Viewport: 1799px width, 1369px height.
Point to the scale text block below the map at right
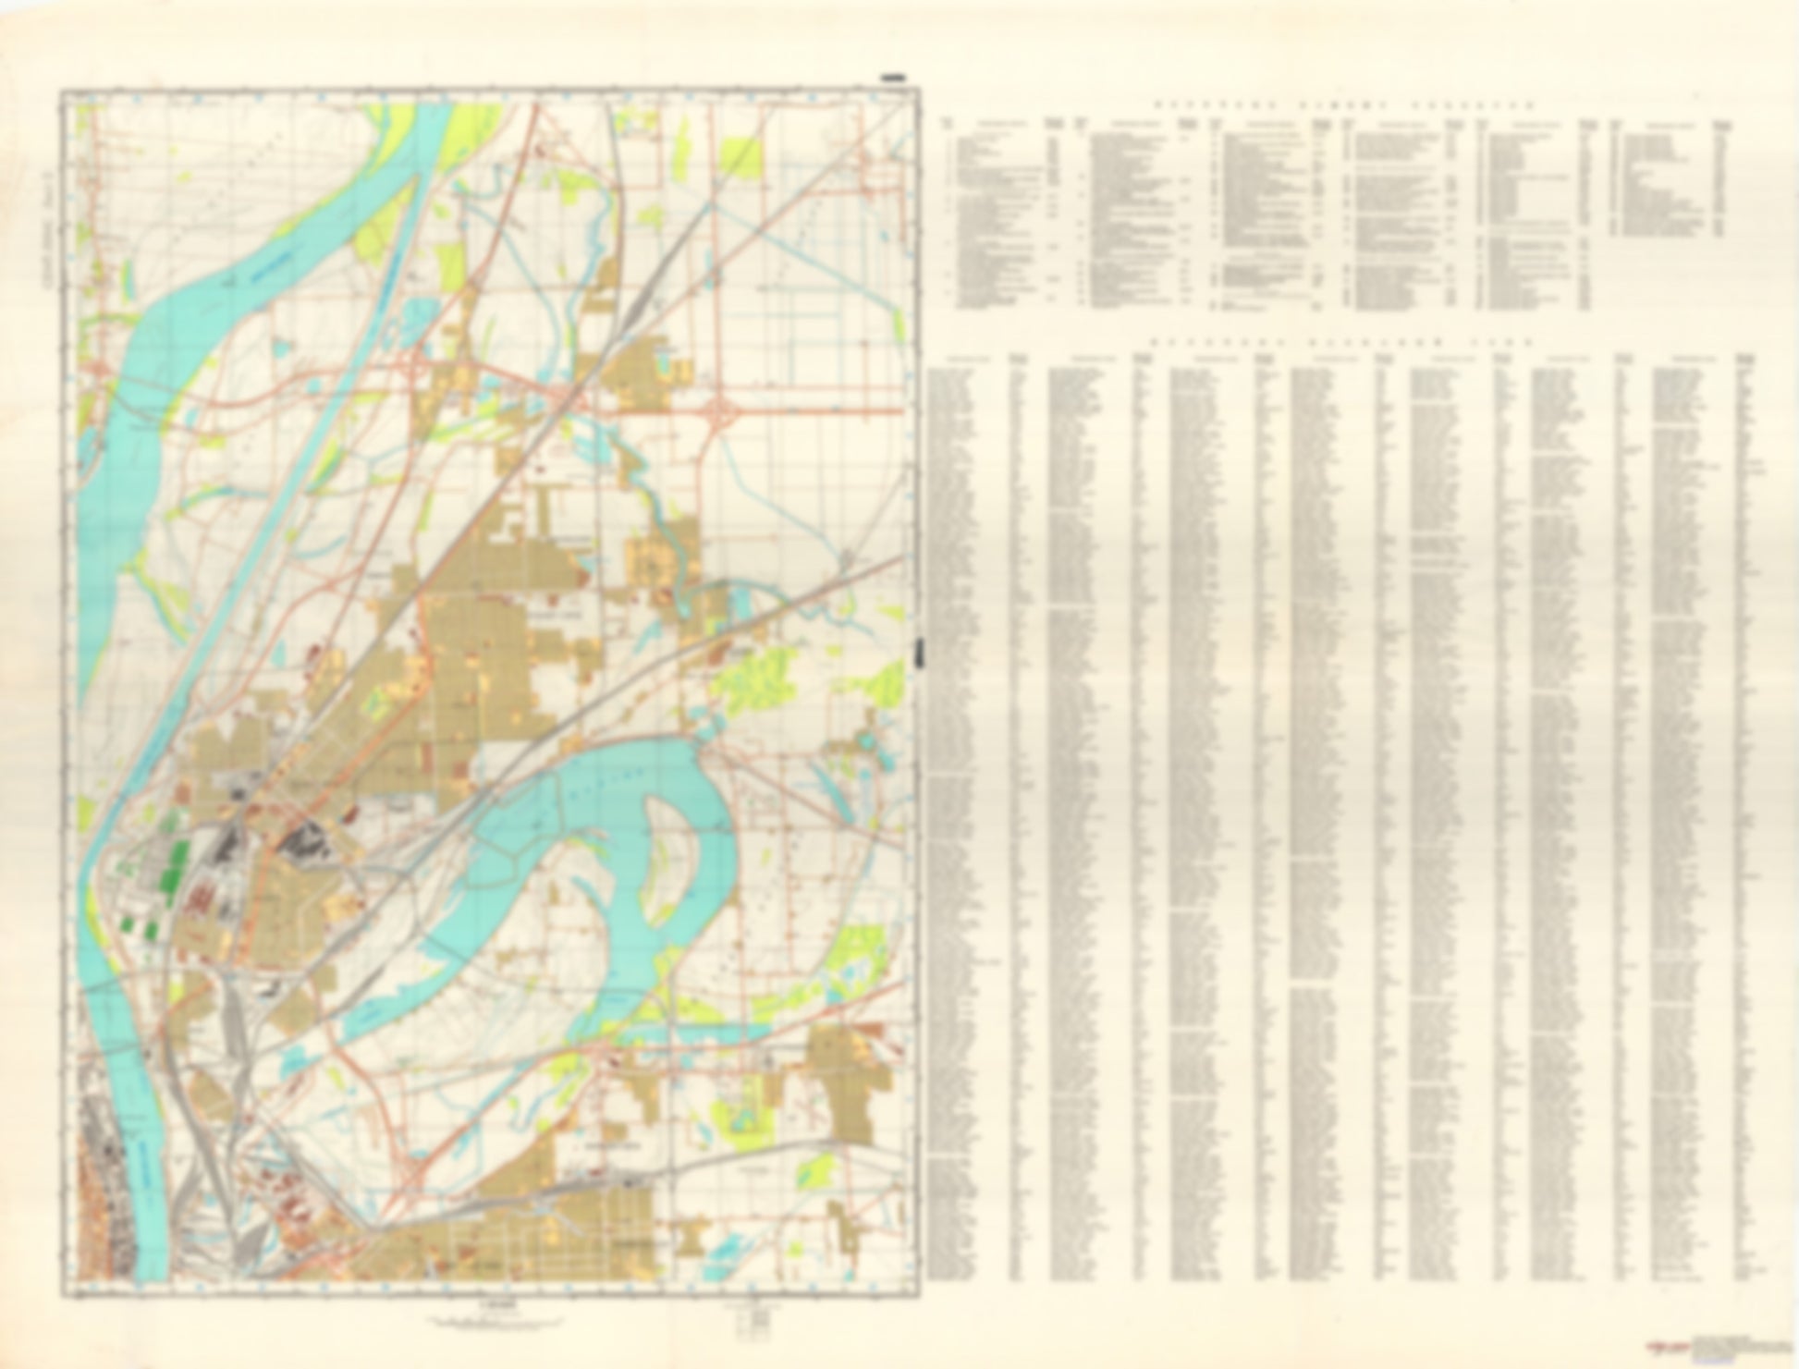coord(748,1312)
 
